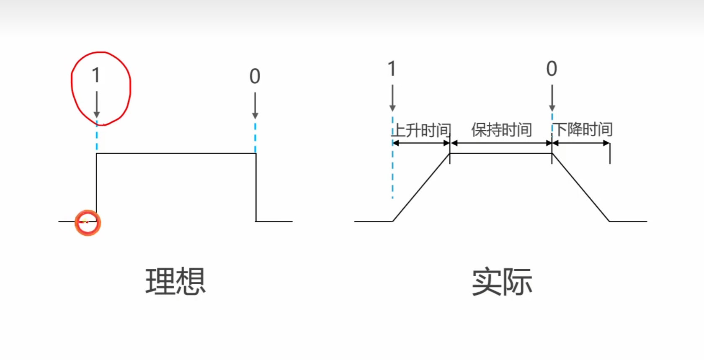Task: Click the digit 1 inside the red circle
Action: pyautogui.click(x=96, y=76)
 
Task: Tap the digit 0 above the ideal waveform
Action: pyautogui.click(x=255, y=77)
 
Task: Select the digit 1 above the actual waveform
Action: pyautogui.click(x=392, y=69)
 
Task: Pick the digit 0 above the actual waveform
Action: pyautogui.click(x=552, y=69)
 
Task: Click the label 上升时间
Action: pyautogui.click(x=421, y=130)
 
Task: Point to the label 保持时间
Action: pyautogui.click(x=501, y=130)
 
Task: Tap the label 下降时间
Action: pyautogui.click(x=583, y=130)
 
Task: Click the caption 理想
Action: pyautogui.click(x=175, y=281)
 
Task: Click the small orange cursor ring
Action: pyautogui.click(x=88, y=223)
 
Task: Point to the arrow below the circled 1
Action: pyautogui.click(x=97, y=104)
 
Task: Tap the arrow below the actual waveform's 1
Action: pyautogui.click(x=392, y=98)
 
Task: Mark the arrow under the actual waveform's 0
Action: pyautogui.click(x=552, y=98)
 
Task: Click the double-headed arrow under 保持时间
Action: pyautogui.click(x=501, y=143)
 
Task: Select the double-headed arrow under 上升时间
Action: pyautogui.click(x=421, y=143)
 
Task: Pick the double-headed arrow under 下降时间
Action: pyautogui.click(x=581, y=143)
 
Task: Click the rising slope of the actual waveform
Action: pyautogui.click(x=421, y=188)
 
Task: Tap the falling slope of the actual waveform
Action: pyautogui.click(x=580, y=187)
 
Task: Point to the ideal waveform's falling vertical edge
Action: pyautogui.click(x=256, y=187)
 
